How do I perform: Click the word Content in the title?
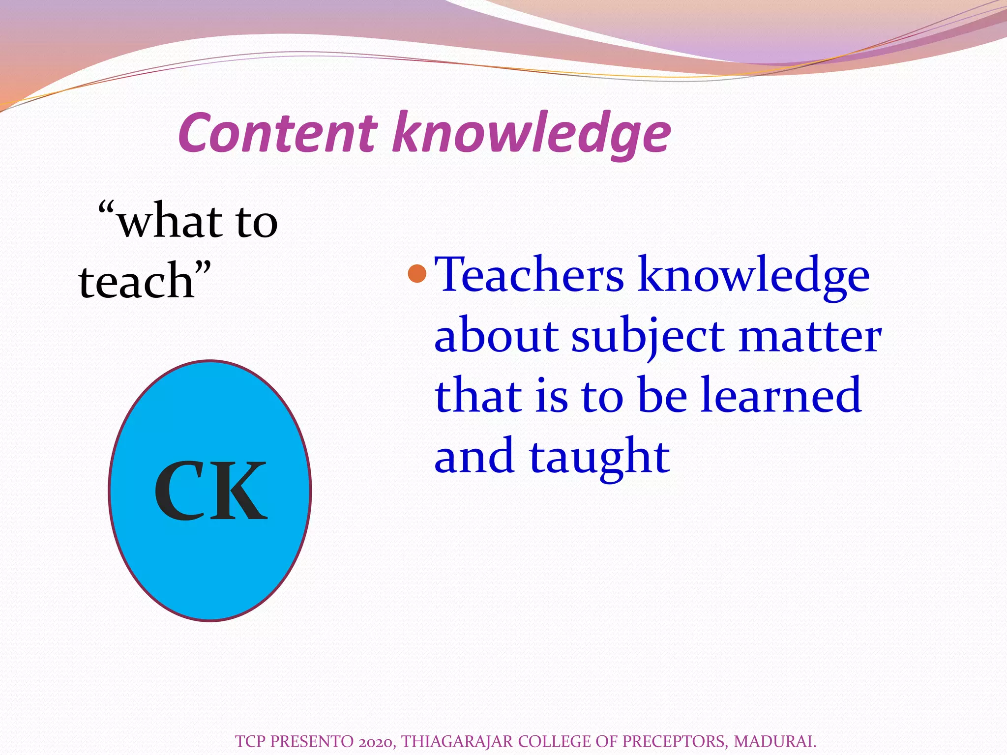click(278, 133)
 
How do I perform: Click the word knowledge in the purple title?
click(531, 134)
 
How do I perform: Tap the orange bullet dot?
click(417, 274)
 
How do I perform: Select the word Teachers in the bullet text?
click(529, 275)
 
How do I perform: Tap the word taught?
click(599, 457)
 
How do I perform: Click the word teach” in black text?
click(145, 281)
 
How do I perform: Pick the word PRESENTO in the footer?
click(312, 741)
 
